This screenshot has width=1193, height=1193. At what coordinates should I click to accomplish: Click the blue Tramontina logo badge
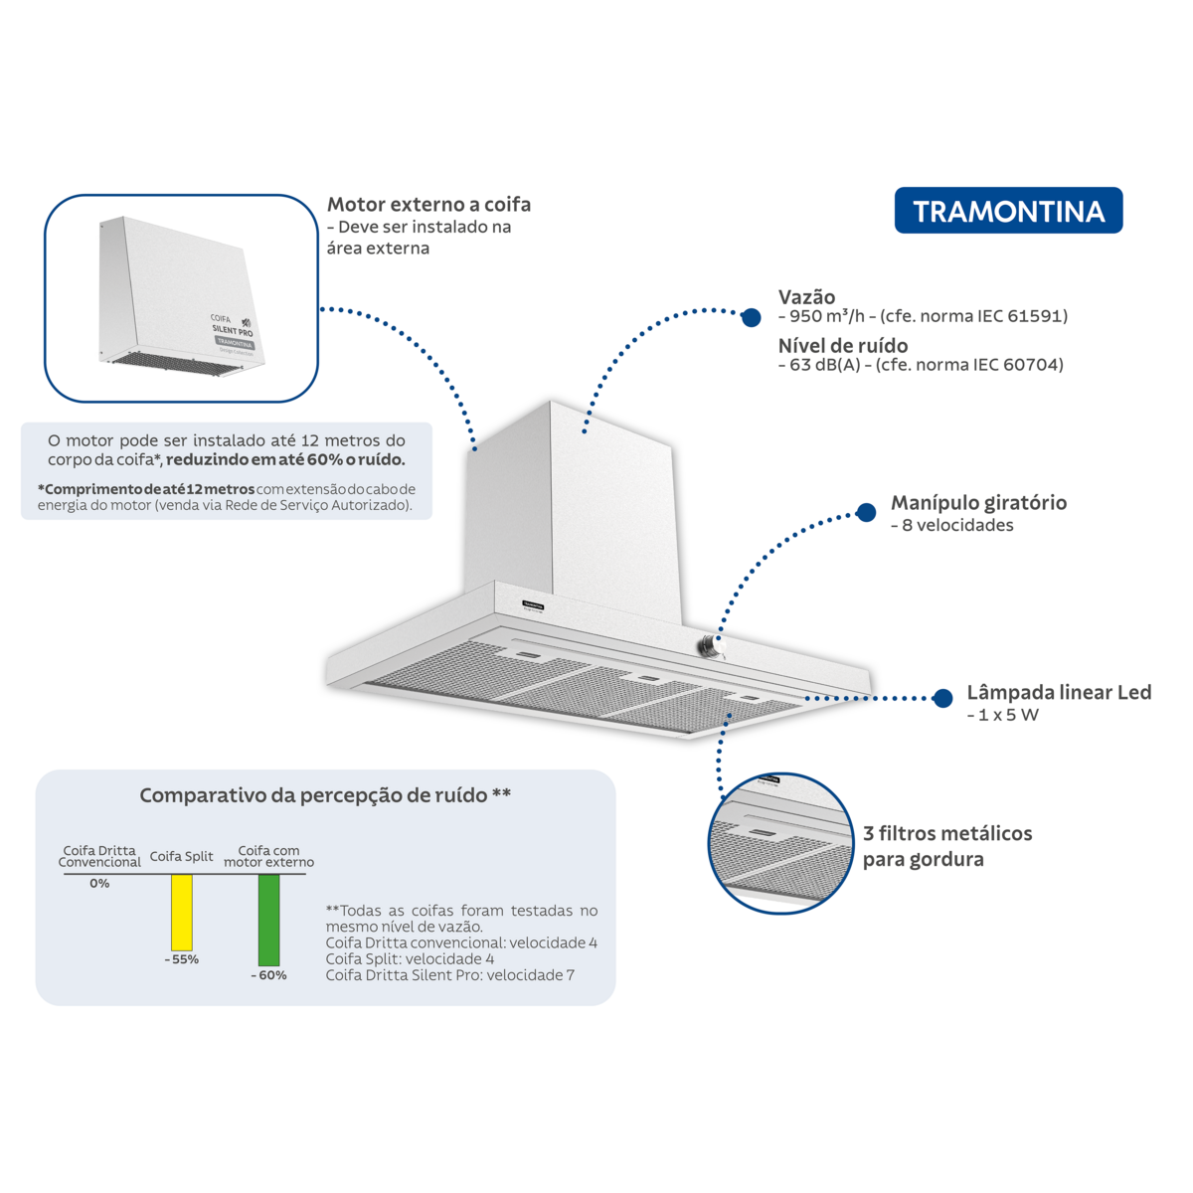(1008, 211)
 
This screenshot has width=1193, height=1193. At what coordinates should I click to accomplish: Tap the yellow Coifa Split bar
(181, 912)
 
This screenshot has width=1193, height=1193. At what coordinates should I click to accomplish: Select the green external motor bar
(268, 920)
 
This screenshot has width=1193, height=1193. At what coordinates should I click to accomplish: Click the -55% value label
(181, 959)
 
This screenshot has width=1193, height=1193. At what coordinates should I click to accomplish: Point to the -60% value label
(268, 975)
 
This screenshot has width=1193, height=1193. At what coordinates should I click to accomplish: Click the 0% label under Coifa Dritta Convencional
(99, 884)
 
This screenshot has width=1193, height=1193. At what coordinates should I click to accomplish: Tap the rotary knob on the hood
(710, 646)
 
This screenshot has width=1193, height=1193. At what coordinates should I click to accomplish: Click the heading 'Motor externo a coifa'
(428, 205)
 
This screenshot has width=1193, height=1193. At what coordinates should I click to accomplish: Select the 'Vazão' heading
(806, 296)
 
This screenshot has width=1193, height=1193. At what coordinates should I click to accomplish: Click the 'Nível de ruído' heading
(843, 345)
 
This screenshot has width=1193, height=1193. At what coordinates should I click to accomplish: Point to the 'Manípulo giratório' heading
(978, 503)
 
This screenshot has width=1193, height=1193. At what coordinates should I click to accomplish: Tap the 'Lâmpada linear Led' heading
(1059, 692)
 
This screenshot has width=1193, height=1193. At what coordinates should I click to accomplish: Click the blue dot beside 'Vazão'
(751, 317)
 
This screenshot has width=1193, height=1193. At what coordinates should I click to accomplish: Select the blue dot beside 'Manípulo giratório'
(866, 512)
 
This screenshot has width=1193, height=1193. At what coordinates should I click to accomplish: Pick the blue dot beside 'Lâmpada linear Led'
(942, 698)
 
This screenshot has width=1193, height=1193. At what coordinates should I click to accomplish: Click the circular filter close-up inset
(780, 843)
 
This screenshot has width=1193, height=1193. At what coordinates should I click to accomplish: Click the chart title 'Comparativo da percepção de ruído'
(313, 795)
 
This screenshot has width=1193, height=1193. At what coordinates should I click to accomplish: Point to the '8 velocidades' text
(957, 525)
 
